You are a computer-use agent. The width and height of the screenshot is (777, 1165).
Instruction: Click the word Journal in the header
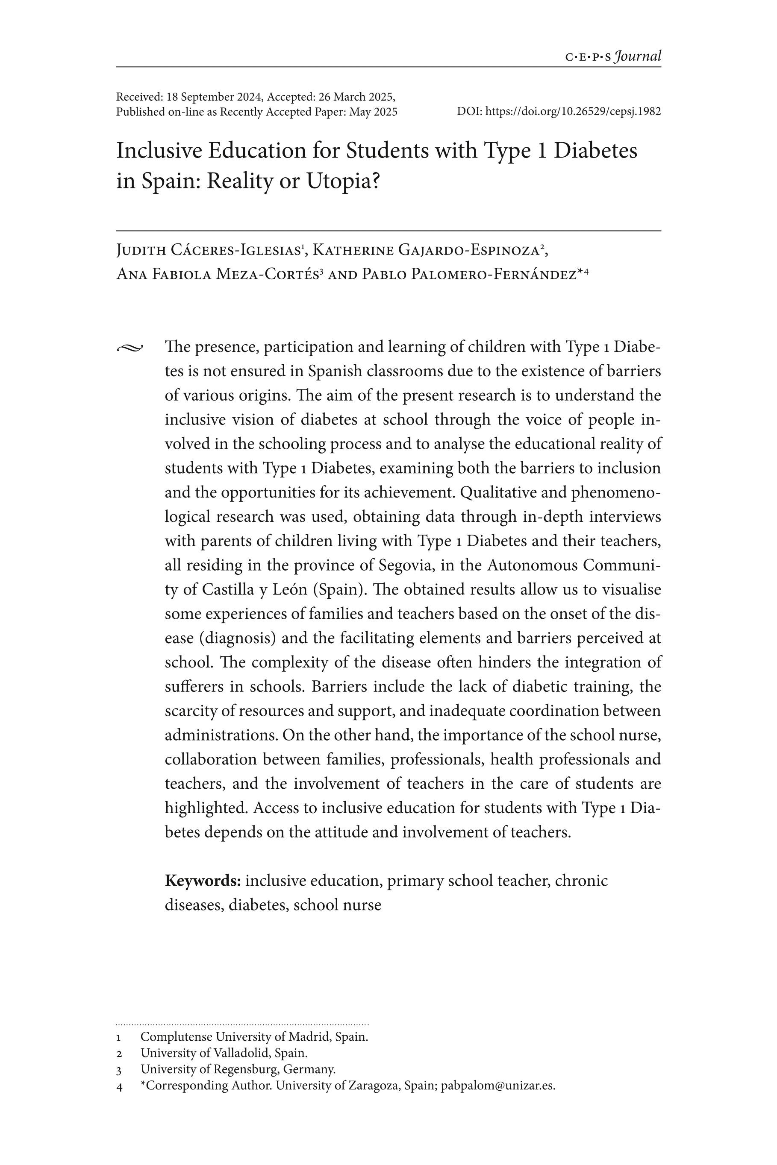[638, 56]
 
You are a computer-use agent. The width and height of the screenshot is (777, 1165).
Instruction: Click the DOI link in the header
[573, 111]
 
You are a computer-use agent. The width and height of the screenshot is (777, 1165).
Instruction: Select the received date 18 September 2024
[211, 97]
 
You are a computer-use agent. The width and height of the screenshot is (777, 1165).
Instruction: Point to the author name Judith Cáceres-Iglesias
[208, 251]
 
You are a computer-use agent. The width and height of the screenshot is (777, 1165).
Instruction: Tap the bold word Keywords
[203, 881]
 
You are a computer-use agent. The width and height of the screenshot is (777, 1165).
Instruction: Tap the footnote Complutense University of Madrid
[254, 1036]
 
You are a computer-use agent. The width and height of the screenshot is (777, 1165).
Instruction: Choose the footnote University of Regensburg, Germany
[238, 1069]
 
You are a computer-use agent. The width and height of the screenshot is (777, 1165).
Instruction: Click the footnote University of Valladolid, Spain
[224, 1053]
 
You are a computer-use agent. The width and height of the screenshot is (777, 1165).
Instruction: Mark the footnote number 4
[119, 1086]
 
